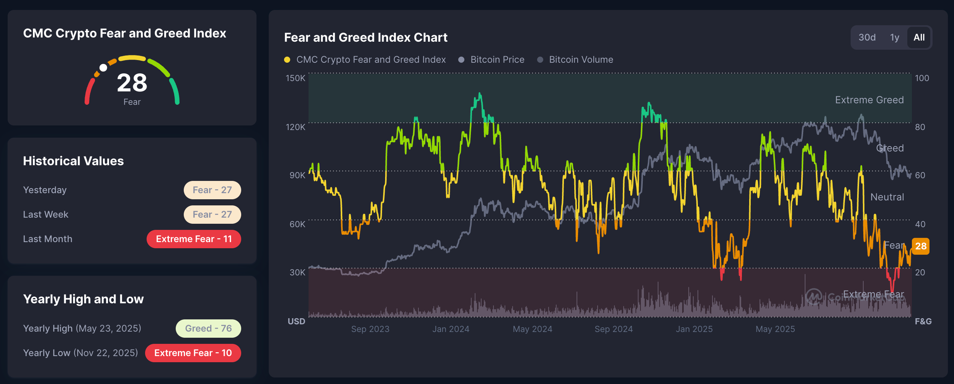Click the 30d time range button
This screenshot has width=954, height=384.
tap(867, 37)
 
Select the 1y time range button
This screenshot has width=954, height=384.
tap(894, 37)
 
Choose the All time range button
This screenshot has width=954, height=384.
tap(919, 37)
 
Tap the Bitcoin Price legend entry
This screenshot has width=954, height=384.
tap(497, 60)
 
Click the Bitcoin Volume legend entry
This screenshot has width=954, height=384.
tap(581, 60)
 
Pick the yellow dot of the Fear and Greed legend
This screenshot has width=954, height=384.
tap(287, 60)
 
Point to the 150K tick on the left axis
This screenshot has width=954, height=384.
tap(296, 78)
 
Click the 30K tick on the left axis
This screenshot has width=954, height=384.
tap(297, 272)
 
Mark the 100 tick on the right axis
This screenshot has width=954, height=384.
tap(922, 78)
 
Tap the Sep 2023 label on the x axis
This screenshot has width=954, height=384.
tap(370, 329)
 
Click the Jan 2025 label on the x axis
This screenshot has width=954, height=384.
tap(694, 329)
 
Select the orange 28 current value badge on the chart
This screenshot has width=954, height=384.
tap(921, 246)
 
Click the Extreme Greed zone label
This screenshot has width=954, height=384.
tap(869, 100)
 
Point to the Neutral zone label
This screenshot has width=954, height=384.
tap(887, 197)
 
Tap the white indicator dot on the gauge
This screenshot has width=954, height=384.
tap(103, 68)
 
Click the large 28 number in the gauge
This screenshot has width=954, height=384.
tap(132, 83)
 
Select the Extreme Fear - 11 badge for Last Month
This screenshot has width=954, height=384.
tap(194, 239)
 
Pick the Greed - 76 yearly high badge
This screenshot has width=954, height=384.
tap(208, 329)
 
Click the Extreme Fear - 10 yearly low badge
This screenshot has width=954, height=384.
tap(193, 353)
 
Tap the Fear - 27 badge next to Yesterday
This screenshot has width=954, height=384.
tap(212, 190)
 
